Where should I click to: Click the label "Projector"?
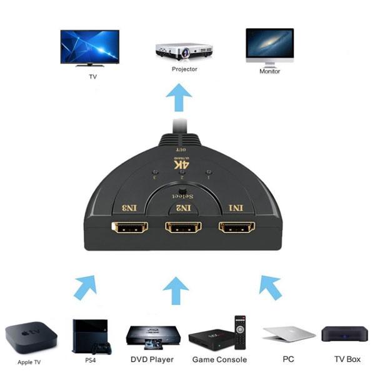pyautogui.click(x=184, y=69)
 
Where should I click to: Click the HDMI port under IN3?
pyautogui.click(x=129, y=226)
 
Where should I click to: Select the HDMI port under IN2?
pyautogui.click(x=183, y=226)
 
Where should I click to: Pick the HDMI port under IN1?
pyautogui.click(x=237, y=226)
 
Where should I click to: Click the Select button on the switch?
pyautogui.click(x=182, y=191)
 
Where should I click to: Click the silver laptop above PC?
pyautogui.click(x=288, y=334)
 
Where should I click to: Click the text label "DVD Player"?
pyautogui.click(x=151, y=360)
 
